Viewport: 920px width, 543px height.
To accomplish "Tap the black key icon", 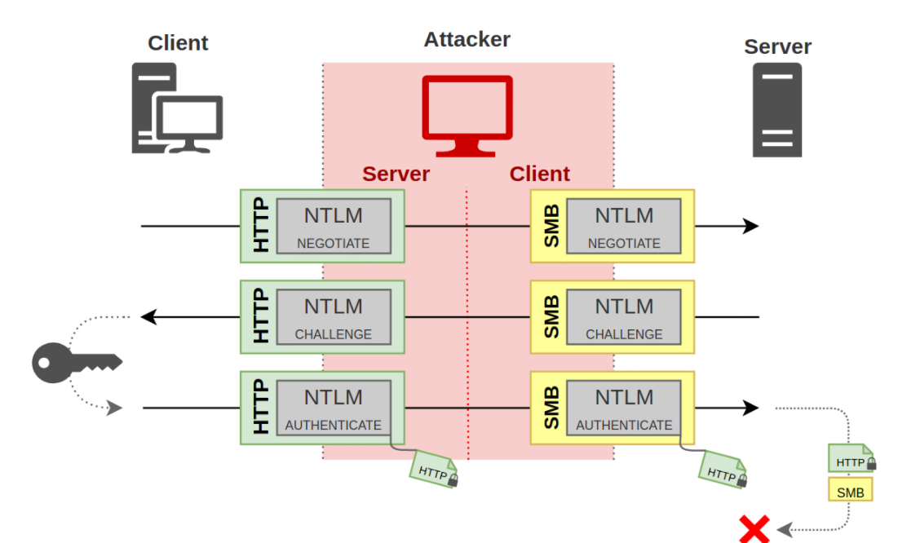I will pyautogui.click(x=76, y=362).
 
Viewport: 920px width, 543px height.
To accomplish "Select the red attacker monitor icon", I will pyautogui.click(x=467, y=115).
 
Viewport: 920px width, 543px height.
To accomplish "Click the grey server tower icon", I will pyautogui.click(x=777, y=110).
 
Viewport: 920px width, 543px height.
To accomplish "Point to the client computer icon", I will pyautogui.click(x=177, y=110).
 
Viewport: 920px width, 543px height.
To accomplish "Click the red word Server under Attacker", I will pyautogui.click(x=396, y=174).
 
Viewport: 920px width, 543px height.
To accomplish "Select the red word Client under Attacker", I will pyautogui.click(x=539, y=174).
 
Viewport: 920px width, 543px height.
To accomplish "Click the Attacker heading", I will pyautogui.click(x=467, y=39).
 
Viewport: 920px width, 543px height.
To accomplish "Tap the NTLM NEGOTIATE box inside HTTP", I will pyautogui.click(x=333, y=226).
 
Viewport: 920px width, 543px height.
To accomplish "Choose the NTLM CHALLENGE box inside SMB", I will pyautogui.click(x=624, y=316).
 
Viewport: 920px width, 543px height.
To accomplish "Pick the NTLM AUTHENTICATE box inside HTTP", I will pyautogui.click(x=333, y=408).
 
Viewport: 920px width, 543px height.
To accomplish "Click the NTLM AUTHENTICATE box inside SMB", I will pyautogui.click(x=624, y=408).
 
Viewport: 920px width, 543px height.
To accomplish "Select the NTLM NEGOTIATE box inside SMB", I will pyautogui.click(x=624, y=226).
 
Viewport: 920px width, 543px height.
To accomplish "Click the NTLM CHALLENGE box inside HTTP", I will pyautogui.click(x=333, y=316).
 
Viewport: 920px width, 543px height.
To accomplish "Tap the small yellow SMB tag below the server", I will pyautogui.click(x=850, y=492).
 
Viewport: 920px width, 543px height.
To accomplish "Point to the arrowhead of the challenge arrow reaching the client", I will pyautogui.click(x=147, y=317).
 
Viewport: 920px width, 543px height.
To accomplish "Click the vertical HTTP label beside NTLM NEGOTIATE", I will pyautogui.click(x=259, y=226).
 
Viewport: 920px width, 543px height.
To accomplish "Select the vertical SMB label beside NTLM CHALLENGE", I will pyautogui.click(x=551, y=316).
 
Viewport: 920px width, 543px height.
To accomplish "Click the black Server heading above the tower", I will pyautogui.click(x=777, y=46).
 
